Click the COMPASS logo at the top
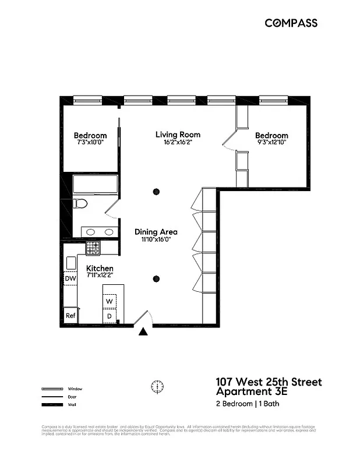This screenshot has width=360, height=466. coord(291,23)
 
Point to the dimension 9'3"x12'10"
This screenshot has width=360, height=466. coord(271,142)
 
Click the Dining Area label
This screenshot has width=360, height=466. coord(156,231)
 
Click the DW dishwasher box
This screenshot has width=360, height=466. coord(70,279)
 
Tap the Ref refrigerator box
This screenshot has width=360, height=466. coord(70,315)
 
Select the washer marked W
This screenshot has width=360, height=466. coord(110,301)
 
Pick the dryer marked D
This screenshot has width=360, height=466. coord(110,316)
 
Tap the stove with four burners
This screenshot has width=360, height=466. coord(93,248)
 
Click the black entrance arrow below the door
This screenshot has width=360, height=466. coord(143,332)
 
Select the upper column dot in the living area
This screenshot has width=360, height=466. coord(156,192)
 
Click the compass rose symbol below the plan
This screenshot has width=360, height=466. coord(157,386)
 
